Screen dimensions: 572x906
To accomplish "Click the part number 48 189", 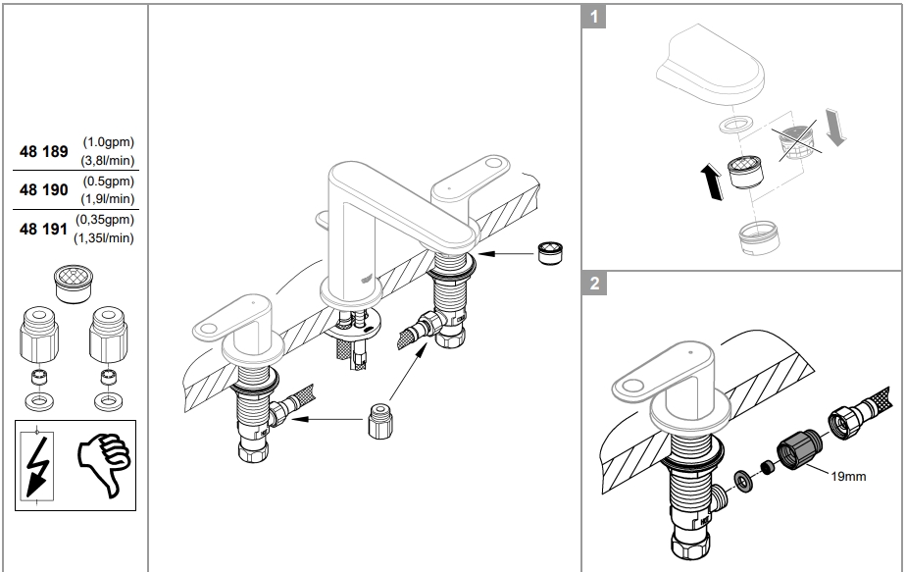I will click(44, 152).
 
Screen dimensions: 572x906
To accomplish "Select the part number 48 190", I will click(44, 190).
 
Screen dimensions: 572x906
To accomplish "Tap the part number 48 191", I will click(44, 230).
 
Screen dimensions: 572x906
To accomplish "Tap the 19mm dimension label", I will click(848, 477).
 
